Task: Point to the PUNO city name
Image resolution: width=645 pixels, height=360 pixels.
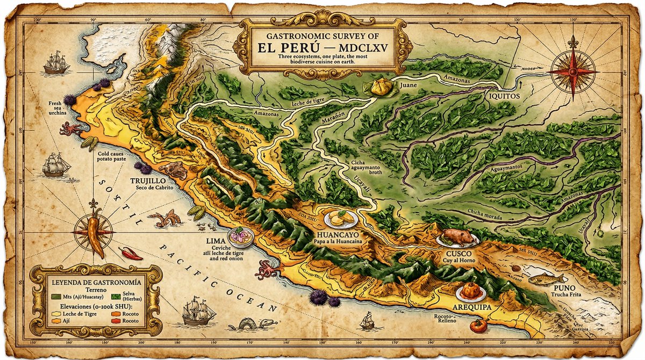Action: pyautogui.click(x=564, y=288)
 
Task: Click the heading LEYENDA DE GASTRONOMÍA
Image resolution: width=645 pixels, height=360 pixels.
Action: pyautogui.click(x=96, y=282)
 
